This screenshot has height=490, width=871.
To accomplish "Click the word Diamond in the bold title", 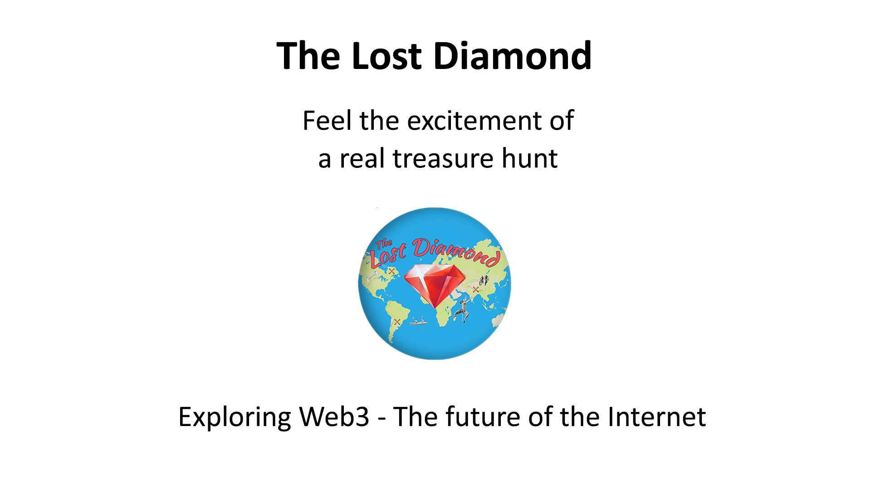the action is (x=513, y=56).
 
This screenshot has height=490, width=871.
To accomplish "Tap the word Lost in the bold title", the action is (x=387, y=56).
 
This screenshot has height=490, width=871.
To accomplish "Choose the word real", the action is (x=365, y=158).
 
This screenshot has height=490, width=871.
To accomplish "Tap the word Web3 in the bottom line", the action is (x=334, y=416).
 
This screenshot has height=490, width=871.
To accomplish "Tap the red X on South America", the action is (x=397, y=322).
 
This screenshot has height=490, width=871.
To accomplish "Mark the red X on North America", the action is (x=391, y=271).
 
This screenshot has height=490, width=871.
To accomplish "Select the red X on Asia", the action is (x=475, y=289).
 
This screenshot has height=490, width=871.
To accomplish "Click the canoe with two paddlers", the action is (x=418, y=322).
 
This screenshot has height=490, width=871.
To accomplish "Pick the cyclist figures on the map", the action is (x=484, y=280).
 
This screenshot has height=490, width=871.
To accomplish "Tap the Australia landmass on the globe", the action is (x=498, y=320).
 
